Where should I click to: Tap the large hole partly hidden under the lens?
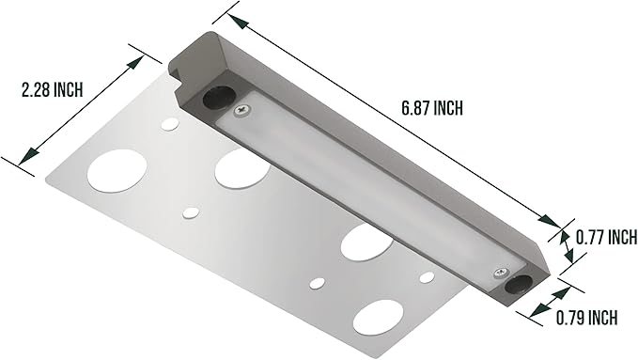[241, 168]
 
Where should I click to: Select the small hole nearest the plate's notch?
[169, 123]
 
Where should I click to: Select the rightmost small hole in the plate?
[428, 276]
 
